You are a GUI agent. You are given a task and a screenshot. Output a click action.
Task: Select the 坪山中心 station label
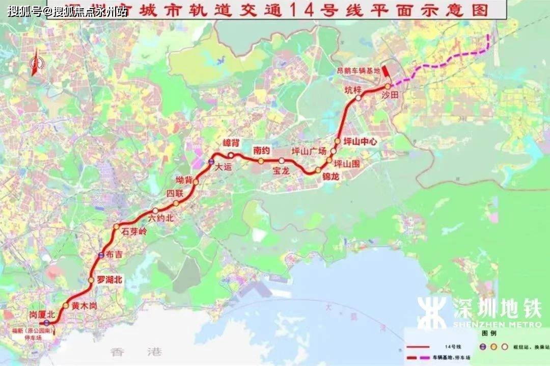(x=360, y=142)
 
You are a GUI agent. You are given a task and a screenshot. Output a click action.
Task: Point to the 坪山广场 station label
(x=308, y=151)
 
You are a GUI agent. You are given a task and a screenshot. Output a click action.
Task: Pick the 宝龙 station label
(x=281, y=171)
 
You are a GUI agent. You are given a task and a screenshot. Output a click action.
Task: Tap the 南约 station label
(x=261, y=150)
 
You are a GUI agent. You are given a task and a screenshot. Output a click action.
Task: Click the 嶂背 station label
(x=231, y=145)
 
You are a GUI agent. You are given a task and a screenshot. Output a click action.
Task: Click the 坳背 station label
(x=184, y=180)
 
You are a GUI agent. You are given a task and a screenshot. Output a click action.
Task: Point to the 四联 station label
(x=174, y=194)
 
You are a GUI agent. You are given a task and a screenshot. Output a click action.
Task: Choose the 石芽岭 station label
(x=133, y=232)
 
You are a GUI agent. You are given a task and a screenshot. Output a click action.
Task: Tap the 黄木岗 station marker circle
(x=66, y=305)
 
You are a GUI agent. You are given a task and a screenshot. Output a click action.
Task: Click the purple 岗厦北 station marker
(x=46, y=322)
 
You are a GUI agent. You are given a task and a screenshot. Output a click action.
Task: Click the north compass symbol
(x=36, y=64)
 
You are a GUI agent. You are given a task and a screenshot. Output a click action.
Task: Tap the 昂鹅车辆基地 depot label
(x=362, y=70)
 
